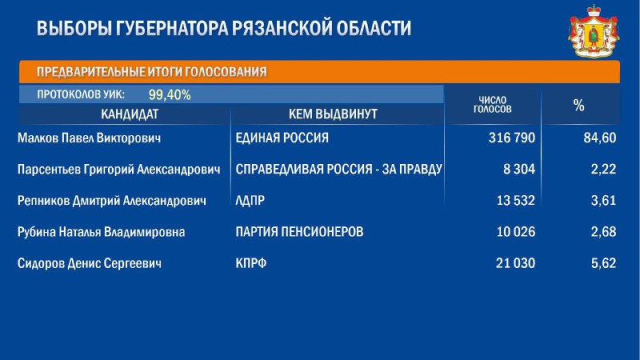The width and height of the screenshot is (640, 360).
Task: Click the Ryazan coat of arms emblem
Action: coord(594,31)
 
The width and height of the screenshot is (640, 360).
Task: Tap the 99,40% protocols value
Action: coord(170,95)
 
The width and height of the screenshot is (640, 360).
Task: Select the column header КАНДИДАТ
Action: coord(130,114)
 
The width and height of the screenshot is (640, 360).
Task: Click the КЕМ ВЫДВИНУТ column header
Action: coord(333,114)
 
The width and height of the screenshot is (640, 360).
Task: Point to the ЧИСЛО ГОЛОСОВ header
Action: coord(492,105)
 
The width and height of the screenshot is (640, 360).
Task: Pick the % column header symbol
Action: coord(578,106)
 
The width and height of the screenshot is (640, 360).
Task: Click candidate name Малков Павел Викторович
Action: coord(89,138)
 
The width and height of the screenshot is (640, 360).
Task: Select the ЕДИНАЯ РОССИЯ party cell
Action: coord(282,138)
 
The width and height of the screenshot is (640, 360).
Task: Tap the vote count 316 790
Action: coord(512,138)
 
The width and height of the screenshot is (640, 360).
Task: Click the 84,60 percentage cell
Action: coord(599,138)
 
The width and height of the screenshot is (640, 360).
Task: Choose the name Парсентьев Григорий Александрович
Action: coord(118,170)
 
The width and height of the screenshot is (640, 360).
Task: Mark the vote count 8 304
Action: coord(518,169)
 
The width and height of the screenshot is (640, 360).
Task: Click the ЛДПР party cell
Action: coord(250,201)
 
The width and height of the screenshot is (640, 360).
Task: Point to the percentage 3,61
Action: coord(603,201)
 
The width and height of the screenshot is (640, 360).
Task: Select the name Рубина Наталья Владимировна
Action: coord(102,232)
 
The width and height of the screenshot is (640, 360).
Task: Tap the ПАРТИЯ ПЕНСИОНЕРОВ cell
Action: coord(299,232)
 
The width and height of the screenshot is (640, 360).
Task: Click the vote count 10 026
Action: coord(515,232)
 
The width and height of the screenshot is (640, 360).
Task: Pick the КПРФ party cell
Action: coord(251,263)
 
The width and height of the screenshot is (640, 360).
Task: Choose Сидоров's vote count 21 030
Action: coord(515,263)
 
